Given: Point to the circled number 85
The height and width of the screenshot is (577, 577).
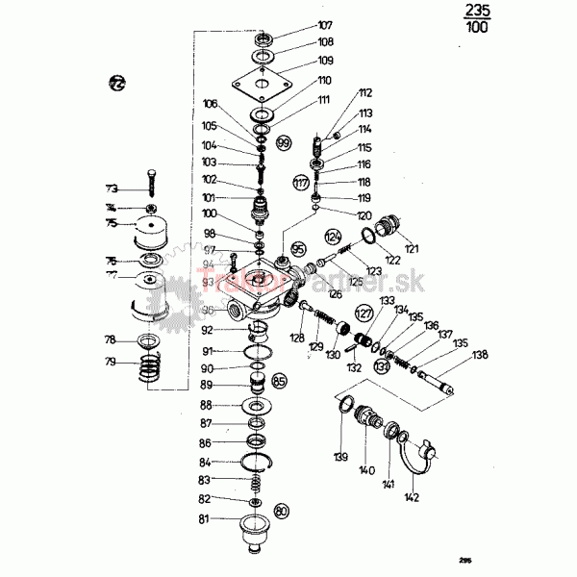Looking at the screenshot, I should tap(280, 381).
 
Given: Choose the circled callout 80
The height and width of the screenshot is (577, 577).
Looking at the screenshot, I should tap(282, 510).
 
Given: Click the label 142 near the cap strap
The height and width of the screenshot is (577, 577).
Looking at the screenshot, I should tap(413, 497).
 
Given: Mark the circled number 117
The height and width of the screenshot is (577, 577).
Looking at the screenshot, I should tap(301, 182).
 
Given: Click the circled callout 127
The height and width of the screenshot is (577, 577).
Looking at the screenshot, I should tap(364, 313).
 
